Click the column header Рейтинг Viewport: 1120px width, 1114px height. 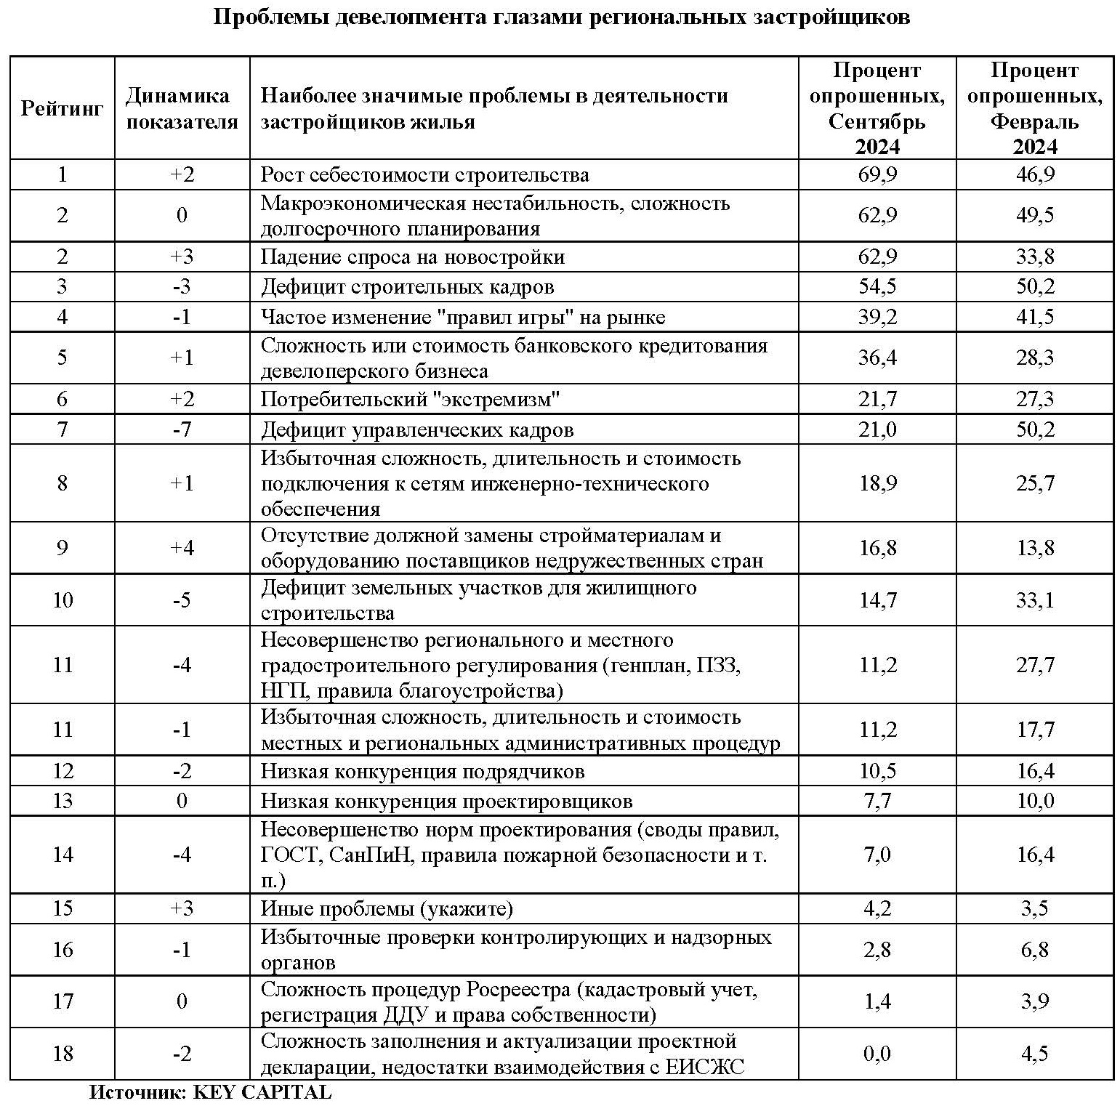tap(62, 109)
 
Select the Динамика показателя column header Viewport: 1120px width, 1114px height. tap(182, 109)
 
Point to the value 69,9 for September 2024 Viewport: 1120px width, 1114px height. tap(877, 175)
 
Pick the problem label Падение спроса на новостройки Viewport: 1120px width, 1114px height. tap(413, 257)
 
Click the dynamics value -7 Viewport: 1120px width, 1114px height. tap(182, 429)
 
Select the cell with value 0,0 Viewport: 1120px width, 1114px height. tap(877, 1053)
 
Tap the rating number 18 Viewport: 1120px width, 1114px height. tap(63, 1053)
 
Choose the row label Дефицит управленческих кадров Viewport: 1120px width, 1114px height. tap(417, 430)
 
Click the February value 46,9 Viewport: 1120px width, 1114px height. tap(1034, 175)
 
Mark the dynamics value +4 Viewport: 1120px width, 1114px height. tap(182, 548)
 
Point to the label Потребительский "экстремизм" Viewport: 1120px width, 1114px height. tap(411, 399)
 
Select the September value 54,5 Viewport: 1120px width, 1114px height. tap(877, 286)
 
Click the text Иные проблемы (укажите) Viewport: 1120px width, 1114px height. tap(387, 909)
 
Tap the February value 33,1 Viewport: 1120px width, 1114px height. tap(1034, 600)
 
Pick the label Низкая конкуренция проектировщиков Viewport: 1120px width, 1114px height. tap(446, 801)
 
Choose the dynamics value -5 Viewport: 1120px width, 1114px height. tap(182, 600)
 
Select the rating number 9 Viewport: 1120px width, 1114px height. tap(63, 548)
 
